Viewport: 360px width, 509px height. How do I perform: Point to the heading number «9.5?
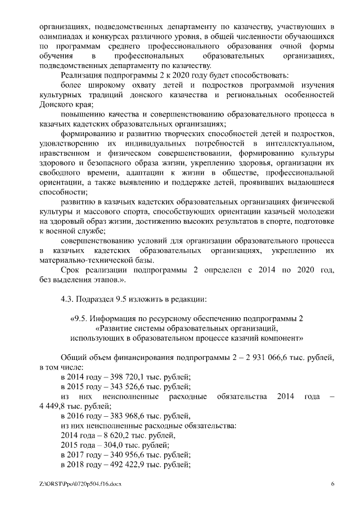tap(79, 318)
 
